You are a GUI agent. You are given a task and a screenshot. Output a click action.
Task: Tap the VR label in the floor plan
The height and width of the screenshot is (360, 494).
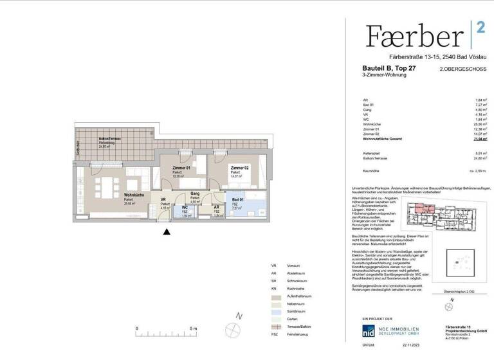tap(163, 200)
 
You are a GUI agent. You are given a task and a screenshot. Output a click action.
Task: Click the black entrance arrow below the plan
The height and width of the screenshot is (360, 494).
tap(167, 232)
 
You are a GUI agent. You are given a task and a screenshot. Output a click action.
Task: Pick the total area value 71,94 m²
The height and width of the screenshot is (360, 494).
tap(479, 138)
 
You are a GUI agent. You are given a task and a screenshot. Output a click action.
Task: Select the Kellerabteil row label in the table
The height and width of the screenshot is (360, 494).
tap(371, 152)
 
